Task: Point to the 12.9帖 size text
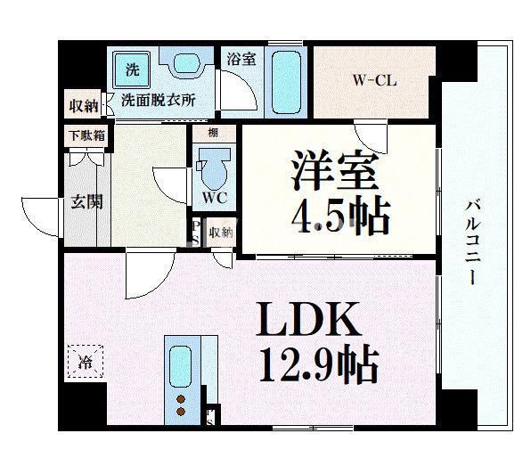pyautogui.click(x=319, y=364)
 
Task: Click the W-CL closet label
pyautogui.click(x=374, y=80)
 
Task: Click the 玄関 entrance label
pyautogui.click(x=86, y=202)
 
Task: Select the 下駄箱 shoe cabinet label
pyautogui.click(x=86, y=136)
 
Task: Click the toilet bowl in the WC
pyautogui.click(x=212, y=166)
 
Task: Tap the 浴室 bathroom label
pyautogui.click(x=241, y=60)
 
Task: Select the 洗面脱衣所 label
pyautogui.click(x=158, y=102)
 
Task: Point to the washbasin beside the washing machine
pyautogui.click(x=186, y=65)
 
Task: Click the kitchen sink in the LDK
pyautogui.click(x=181, y=366)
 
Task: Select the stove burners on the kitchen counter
pyautogui.click(x=181, y=404)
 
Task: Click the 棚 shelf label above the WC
pyautogui.click(x=213, y=132)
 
